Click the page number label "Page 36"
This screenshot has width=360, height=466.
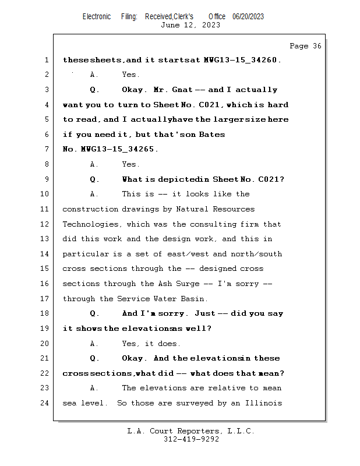[305, 46]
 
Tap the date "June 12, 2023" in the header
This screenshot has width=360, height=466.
[190, 25]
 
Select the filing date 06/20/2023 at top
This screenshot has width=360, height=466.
[248, 17]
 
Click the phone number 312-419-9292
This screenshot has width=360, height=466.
[191, 439]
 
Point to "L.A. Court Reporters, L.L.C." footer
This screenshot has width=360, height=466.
[191, 431]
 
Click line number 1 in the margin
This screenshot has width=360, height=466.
[45, 60]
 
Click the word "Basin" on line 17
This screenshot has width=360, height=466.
[193, 299]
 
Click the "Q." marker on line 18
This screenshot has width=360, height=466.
[94, 313]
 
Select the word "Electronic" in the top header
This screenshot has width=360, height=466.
[97, 17]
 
